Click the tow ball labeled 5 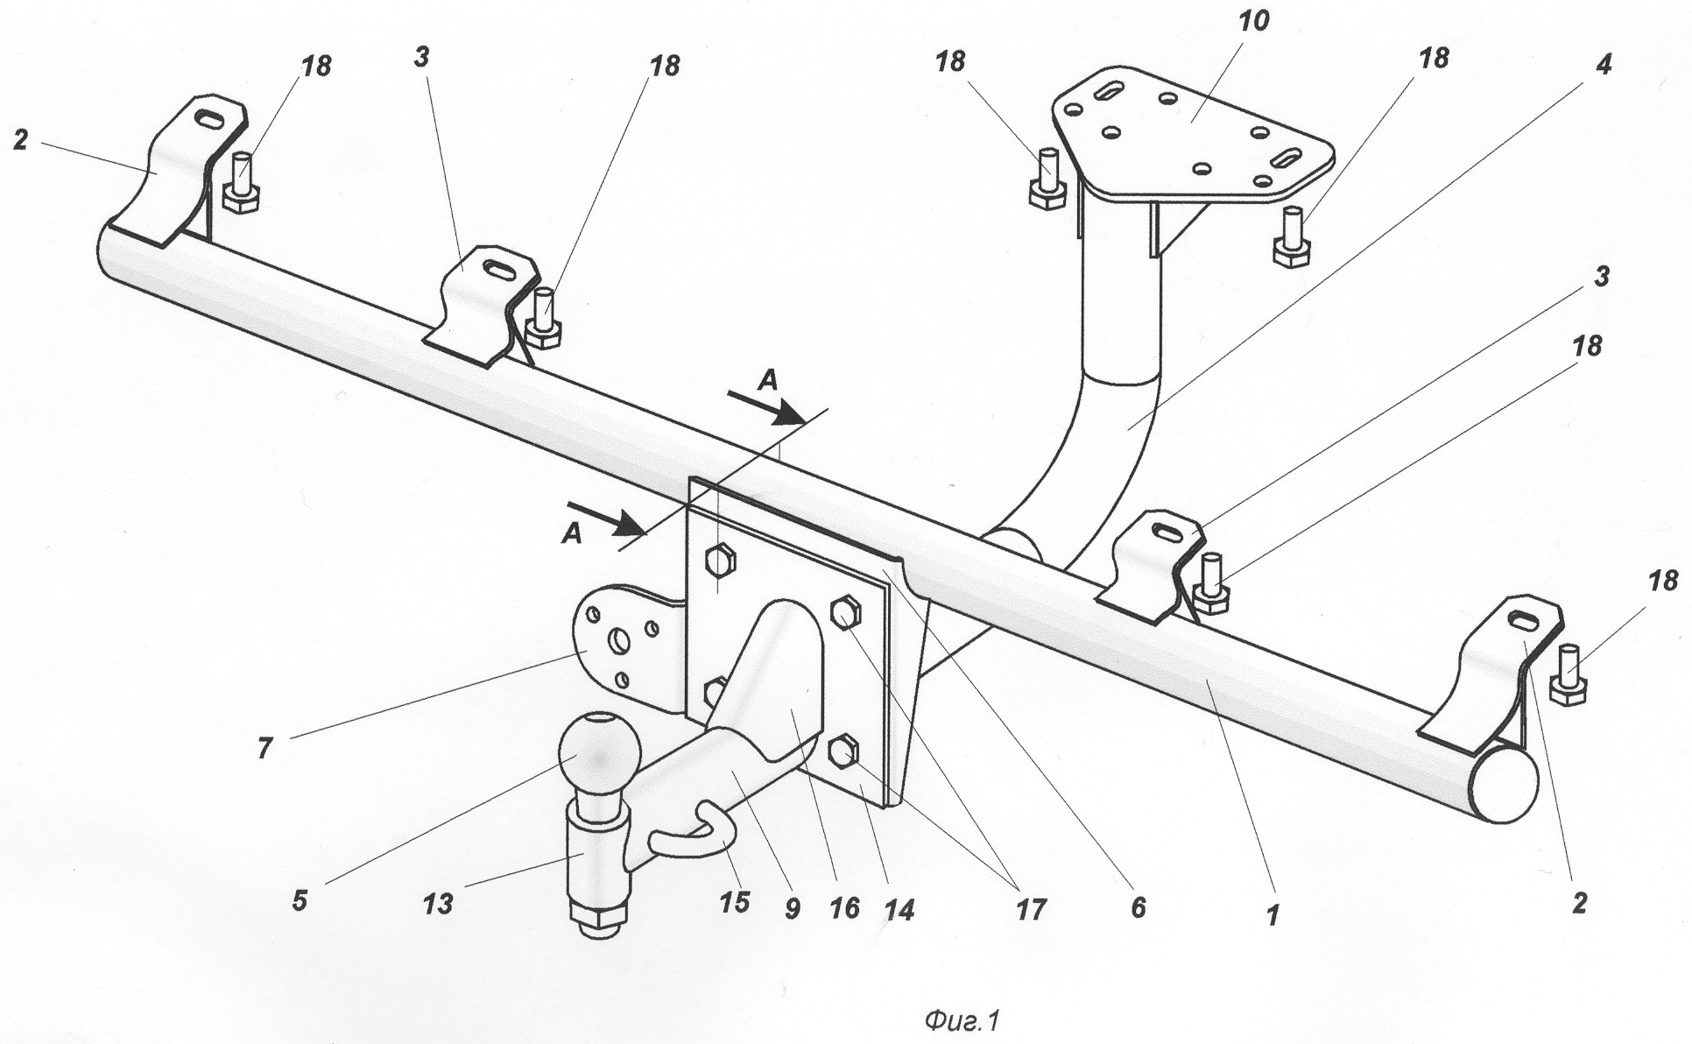(596, 755)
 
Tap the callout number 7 (264, 746)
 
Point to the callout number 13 (438, 902)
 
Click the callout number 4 (1604, 64)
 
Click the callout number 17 (1031, 909)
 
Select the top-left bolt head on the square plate (720, 559)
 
